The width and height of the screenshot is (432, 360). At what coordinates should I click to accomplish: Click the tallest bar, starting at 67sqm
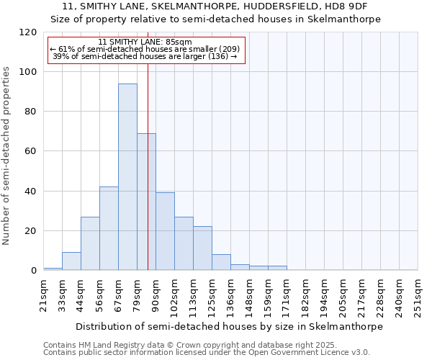point(127,176)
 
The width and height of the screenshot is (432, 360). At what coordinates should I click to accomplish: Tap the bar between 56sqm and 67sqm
point(109,228)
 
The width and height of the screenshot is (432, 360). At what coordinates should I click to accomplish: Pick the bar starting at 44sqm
point(90,243)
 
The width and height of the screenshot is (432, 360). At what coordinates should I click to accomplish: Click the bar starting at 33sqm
point(71,261)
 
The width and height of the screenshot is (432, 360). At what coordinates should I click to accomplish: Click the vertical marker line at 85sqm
point(148,166)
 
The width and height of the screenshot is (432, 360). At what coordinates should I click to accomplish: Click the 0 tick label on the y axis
point(33,271)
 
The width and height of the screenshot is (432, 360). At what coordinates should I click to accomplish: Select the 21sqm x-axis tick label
point(44,294)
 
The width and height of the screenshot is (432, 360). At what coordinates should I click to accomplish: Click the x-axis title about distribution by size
point(229,326)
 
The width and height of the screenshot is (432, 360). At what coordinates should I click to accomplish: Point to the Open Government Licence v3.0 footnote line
point(206,353)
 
